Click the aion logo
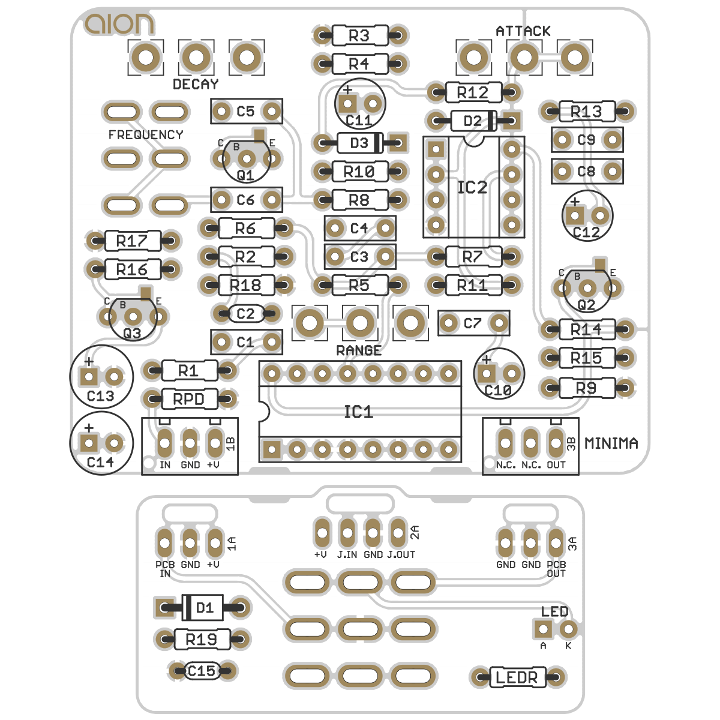pos(119,24)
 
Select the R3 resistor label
pos(359,35)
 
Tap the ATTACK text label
pos(523,31)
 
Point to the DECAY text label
pos(196,84)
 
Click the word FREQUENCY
pos(146,135)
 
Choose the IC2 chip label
pos(472,188)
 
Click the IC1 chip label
pos(358,412)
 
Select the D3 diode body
pos(359,143)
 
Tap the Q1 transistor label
pos(245,175)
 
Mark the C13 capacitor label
pos(100,396)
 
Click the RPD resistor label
pos(188,399)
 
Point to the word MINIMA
pos(611,443)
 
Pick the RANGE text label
pos(359,350)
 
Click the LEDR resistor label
pos(517,678)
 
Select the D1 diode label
pos(205,608)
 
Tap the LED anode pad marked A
pos(544,629)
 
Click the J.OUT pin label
pos(401,554)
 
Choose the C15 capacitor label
pos(201,671)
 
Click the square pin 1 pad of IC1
pos(272,449)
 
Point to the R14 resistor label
pos(586,329)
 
